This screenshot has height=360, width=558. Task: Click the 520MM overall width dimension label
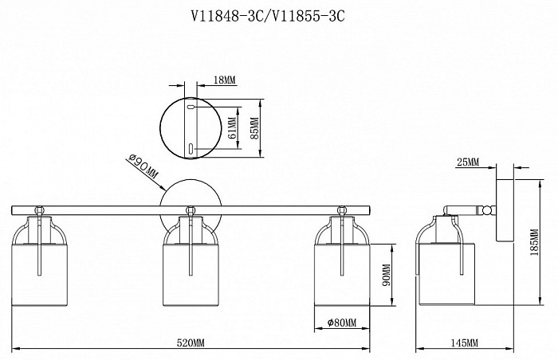191,343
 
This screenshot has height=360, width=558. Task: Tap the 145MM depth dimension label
465,343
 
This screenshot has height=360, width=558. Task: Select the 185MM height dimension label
534,242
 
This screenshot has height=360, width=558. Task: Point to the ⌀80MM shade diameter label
342,323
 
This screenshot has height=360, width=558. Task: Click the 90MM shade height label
387,275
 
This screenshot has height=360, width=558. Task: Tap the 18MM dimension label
225,80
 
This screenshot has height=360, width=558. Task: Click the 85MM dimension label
255,128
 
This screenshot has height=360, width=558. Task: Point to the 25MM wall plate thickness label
468,162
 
